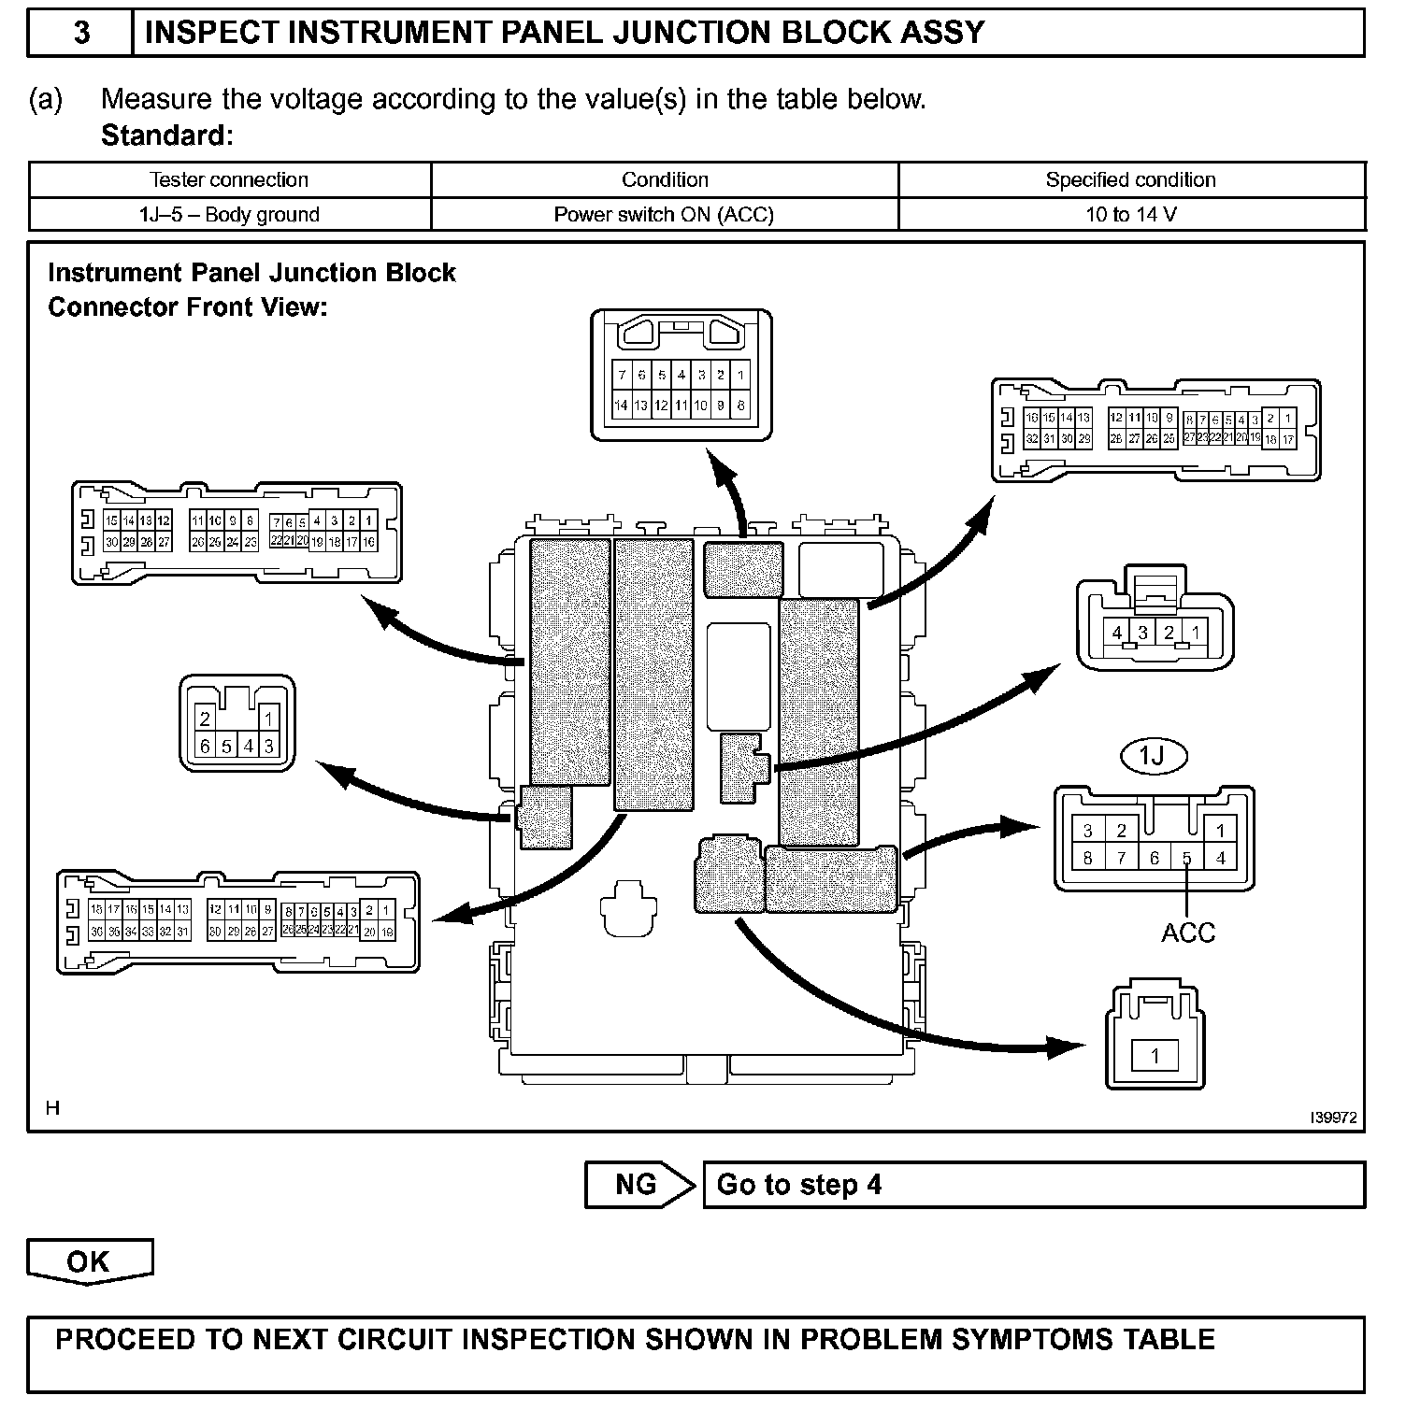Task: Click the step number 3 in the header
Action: coord(81,34)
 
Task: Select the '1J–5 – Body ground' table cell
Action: coord(229,215)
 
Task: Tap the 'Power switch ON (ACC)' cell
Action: coord(664,215)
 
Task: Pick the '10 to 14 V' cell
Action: coord(1130,215)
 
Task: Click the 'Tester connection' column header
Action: coord(229,179)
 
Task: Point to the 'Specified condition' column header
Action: coord(1130,179)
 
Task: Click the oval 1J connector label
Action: coord(1153,756)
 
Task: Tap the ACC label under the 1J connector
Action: coord(1188,933)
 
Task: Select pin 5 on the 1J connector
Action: coord(1187,858)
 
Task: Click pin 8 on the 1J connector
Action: coord(1087,858)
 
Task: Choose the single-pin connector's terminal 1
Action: coord(1155,1057)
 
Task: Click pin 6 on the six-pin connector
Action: coord(206,747)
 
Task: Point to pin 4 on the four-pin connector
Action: coord(1117,633)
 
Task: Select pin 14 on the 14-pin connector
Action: coord(621,406)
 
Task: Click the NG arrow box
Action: coord(638,1185)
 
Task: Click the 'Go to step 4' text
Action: coord(798,1185)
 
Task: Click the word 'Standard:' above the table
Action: coord(166,135)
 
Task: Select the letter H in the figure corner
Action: coord(53,1108)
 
